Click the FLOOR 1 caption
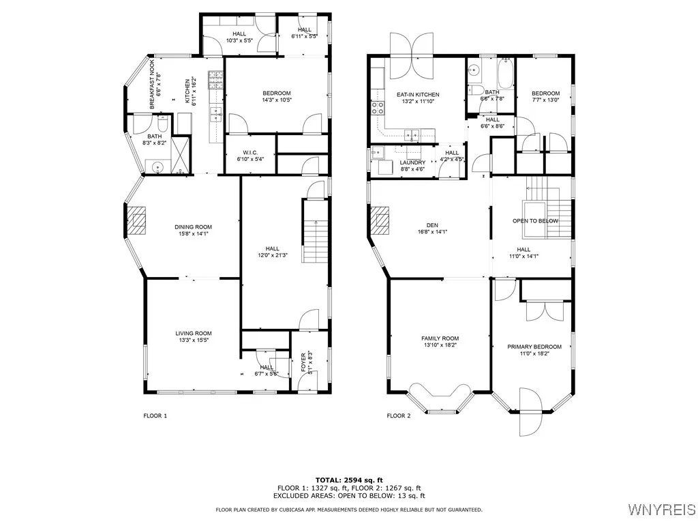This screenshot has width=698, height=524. (x=155, y=416)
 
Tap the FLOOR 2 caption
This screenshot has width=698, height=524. (x=399, y=416)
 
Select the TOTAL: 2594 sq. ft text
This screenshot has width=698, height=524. (x=349, y=480)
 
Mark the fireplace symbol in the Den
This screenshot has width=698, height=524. (x=380, y=220)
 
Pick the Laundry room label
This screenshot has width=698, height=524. (x=412, y=162)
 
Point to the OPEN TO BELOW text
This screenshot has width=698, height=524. (x=535, y=221)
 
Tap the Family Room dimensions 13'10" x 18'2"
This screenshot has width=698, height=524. (x=440, y=345)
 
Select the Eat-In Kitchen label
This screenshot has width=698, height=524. (x=418, y=95)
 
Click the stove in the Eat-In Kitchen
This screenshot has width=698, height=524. (x=377, y=106)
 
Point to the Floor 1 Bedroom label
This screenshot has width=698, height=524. (x=276, y=93)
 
